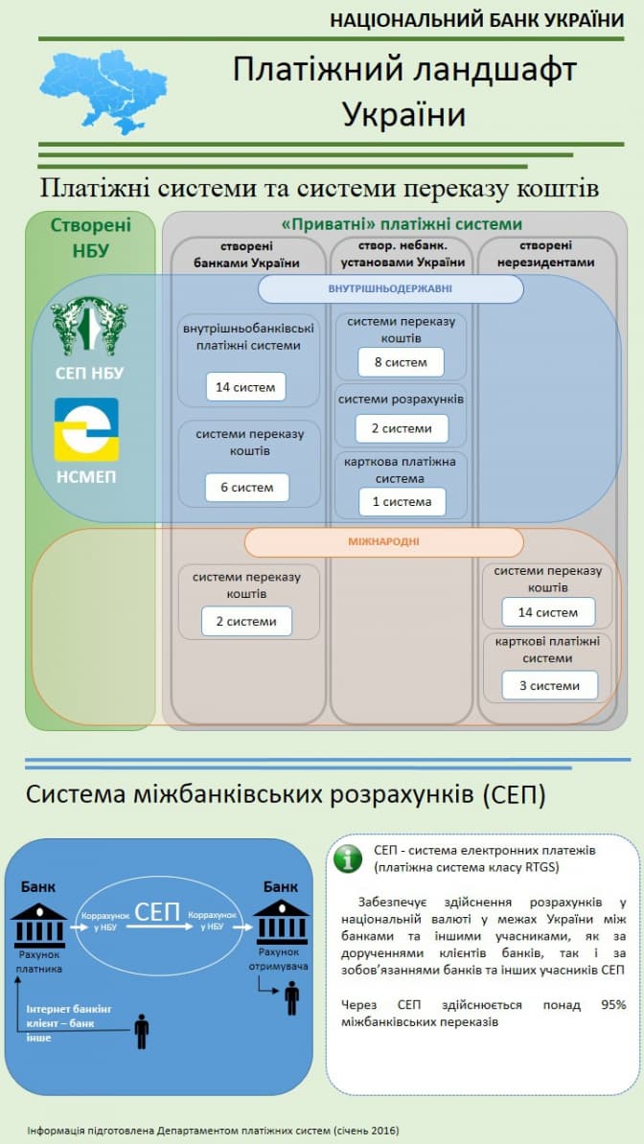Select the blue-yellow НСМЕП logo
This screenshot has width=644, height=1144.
pos(86,429)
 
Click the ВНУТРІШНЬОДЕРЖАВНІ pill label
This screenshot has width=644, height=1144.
pos(390,288)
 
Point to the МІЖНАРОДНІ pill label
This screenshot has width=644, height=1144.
pos(383,542)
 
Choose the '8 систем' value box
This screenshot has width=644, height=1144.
pos(401,362)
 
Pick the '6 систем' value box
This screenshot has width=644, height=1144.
pos(246,487)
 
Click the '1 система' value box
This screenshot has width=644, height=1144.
pos(402,501)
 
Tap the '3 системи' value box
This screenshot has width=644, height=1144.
pos(548,686)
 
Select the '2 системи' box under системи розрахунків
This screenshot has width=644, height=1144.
pos(401,428)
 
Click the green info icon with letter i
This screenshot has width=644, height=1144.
pos(347,858)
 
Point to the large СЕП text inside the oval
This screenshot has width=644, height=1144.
pos(157,911)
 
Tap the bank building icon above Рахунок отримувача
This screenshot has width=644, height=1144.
pos(281,922)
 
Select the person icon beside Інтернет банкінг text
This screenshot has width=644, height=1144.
pos(142,1031)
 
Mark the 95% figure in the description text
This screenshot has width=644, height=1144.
pos(612,1004)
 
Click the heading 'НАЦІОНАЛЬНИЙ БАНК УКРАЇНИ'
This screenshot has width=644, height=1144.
pos(476,19)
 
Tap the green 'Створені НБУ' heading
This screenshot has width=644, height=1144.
pos(90,238)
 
